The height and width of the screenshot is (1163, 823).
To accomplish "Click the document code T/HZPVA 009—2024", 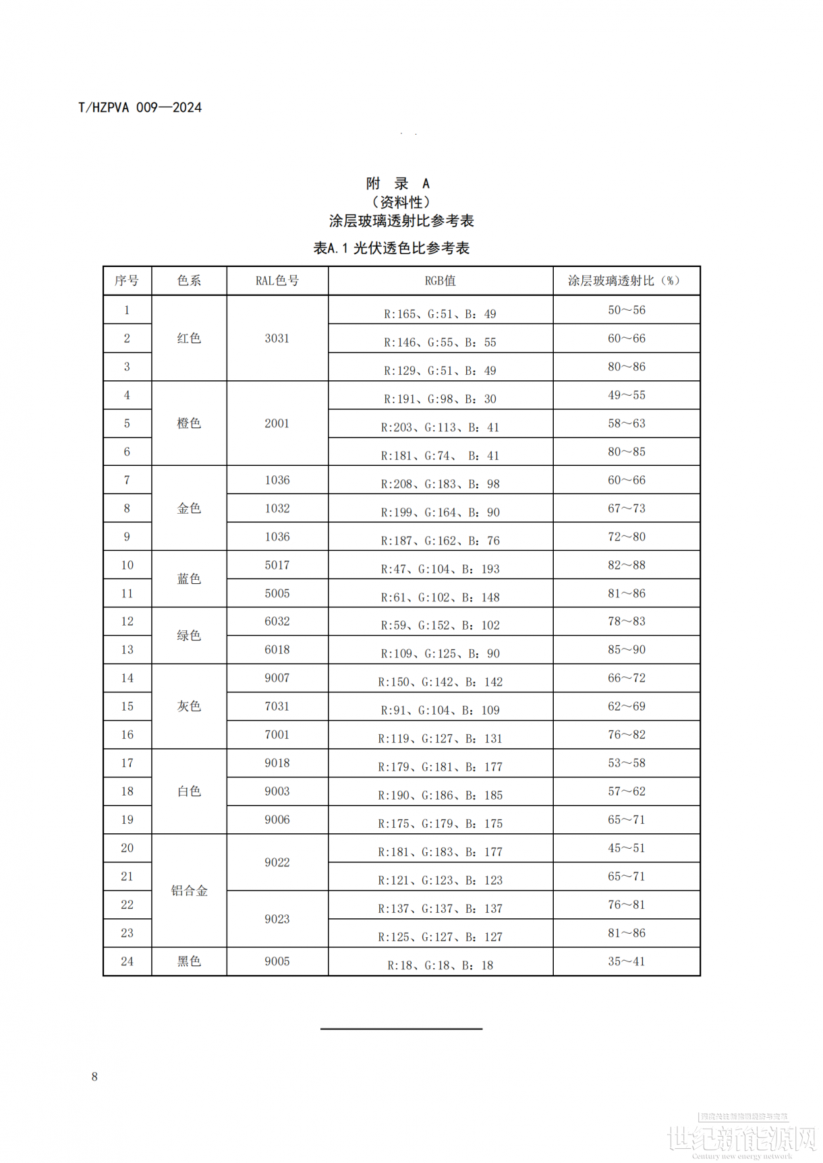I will point(140,108).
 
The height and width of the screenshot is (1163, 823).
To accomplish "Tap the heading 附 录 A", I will point(398,183).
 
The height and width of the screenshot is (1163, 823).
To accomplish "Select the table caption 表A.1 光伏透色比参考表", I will point(391,248).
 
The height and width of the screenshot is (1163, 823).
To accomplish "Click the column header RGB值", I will point(440,281).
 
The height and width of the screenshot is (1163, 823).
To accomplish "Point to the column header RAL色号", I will point(277,281).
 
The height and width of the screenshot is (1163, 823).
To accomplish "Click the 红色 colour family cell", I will point(189,338).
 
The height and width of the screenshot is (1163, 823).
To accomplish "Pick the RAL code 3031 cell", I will point(277,338).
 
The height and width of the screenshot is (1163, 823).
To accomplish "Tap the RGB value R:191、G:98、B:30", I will point(440,399).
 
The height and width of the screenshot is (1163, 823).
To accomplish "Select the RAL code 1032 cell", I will point(277,508).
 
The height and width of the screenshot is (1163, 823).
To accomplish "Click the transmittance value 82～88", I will point(626,565).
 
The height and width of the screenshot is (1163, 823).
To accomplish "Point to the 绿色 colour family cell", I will point(189,636).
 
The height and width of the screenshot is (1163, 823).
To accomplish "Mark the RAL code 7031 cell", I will point(277,707).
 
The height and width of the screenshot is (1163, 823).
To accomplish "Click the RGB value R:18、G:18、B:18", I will point(440,965).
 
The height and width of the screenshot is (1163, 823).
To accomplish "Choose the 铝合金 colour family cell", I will point(189,891).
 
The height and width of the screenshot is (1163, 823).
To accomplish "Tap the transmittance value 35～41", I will point(626,961).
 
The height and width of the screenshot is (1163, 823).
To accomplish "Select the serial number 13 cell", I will point(127,650).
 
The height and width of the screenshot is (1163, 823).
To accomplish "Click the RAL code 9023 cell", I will point(277,919).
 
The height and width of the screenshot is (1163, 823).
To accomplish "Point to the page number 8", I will point(94,1077).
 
